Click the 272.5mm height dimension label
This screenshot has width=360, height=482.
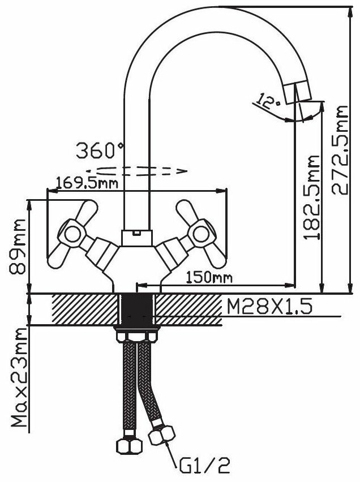[x=340, y=150]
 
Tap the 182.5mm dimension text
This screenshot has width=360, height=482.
[x=311, y=197]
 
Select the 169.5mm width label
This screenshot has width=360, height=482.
[x=87, y=183]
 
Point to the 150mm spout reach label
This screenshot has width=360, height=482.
[x=209, y=278]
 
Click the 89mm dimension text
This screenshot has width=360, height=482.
[x=17, y=246]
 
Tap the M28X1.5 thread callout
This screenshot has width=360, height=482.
[x=269, y=306]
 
